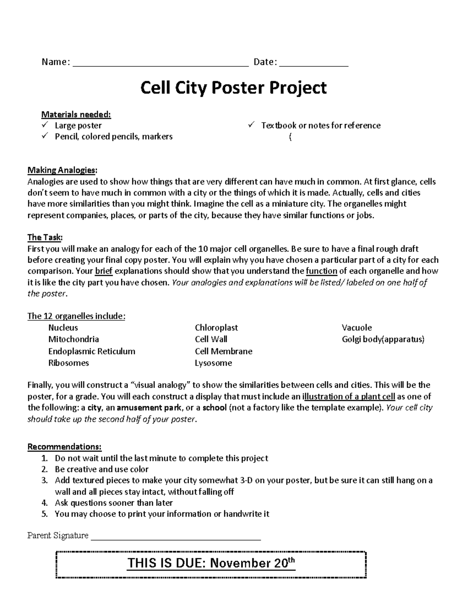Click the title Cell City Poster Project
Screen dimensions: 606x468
[x=233, y=88]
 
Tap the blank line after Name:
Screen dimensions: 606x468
[x=160, y=66]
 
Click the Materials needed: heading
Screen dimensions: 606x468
[x=76, y=115]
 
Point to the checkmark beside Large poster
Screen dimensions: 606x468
[x=46, y=125]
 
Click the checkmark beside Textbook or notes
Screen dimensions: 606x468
[x=252, y=125]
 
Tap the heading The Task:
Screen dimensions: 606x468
[x=45, y=238]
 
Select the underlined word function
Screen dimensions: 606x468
[x=322, y=271]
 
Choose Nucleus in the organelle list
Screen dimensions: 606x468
[x=63, y=328]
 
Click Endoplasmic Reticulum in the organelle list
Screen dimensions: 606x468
[x=92, y=351]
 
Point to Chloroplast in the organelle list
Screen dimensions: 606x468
[x=216, y=328]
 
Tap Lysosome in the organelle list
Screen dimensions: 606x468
[x=213, y=363]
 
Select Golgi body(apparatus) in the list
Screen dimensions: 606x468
[x=383, y=339]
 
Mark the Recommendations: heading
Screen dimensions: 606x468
[x=64, y=447]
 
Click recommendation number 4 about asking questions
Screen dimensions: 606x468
[x=113, y=503]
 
